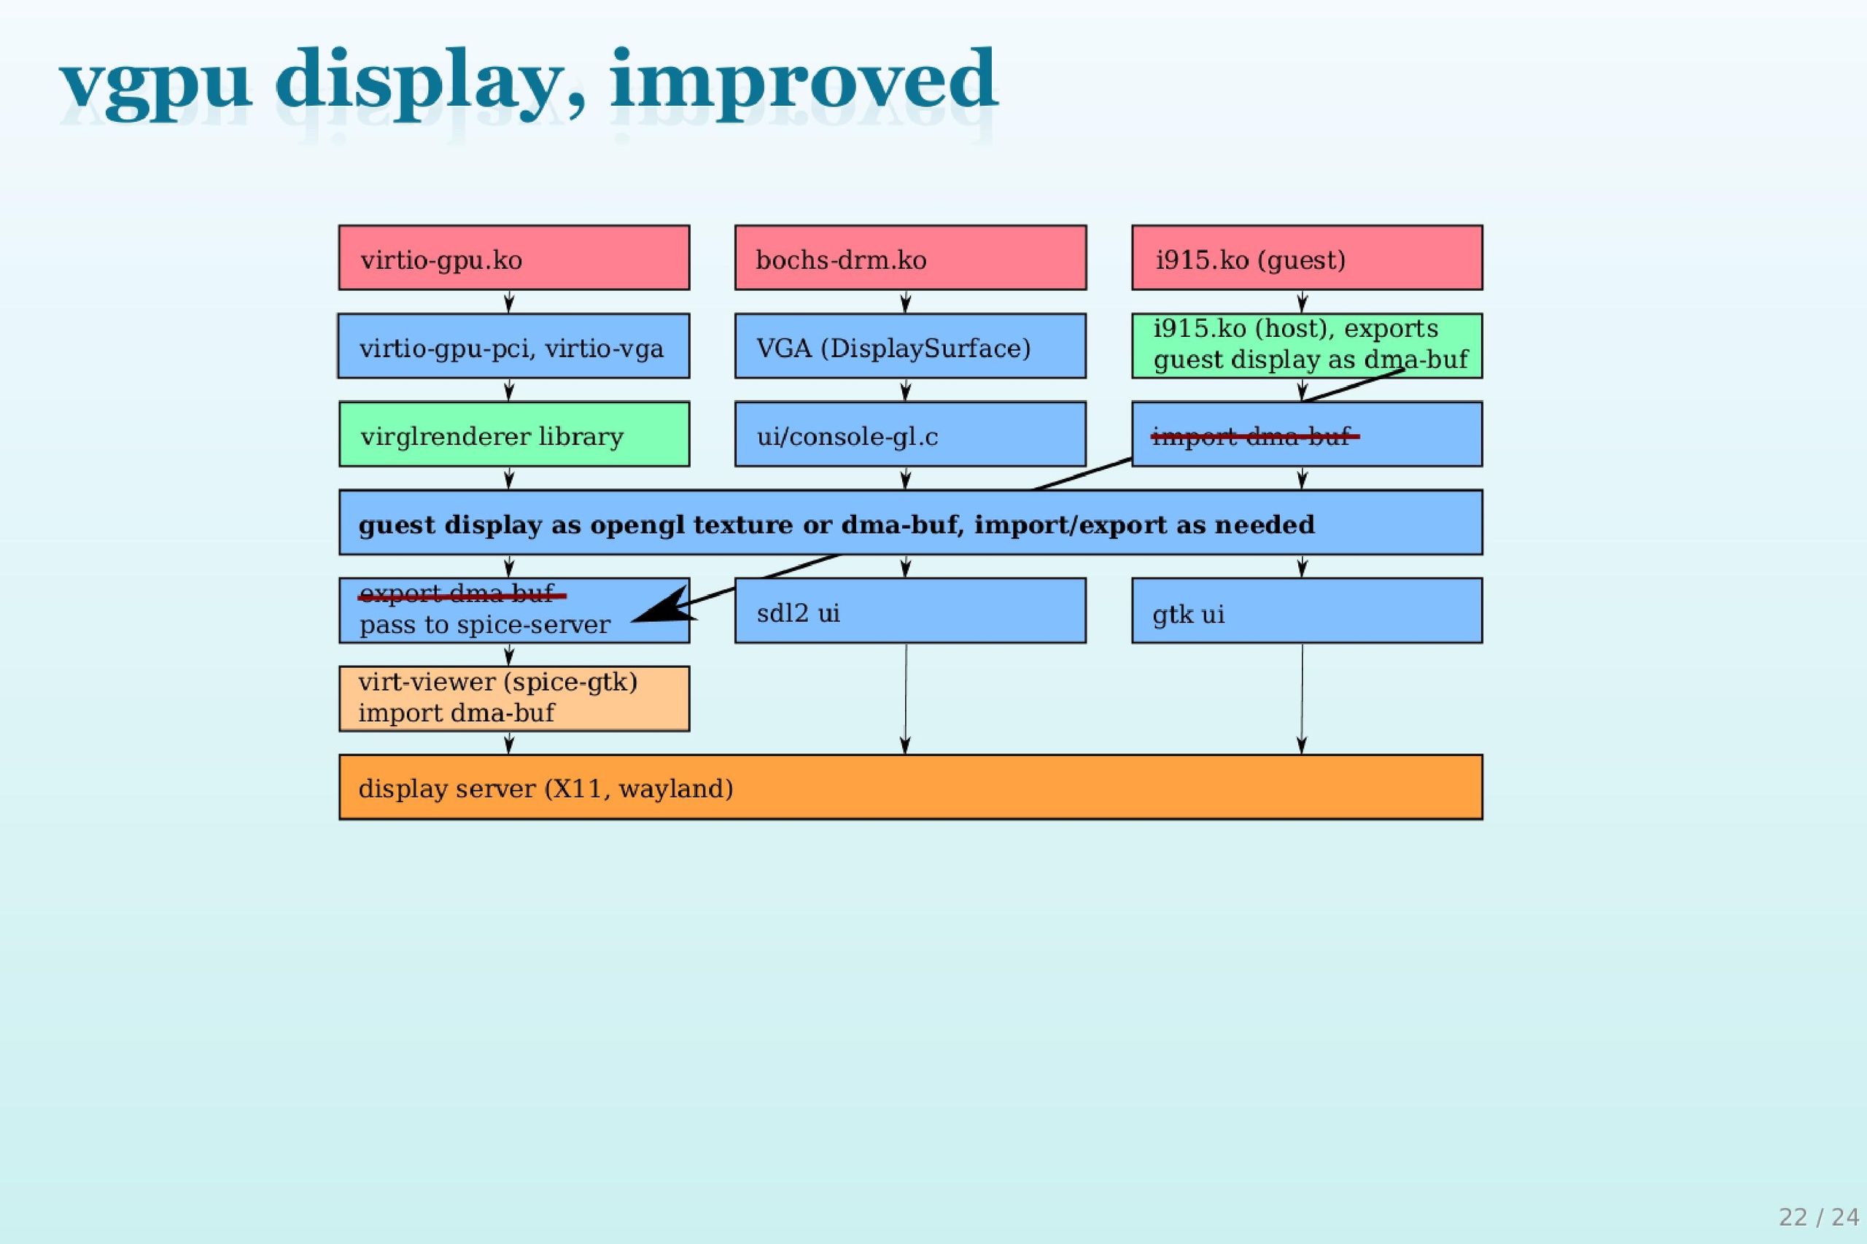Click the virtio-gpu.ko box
[513, 258]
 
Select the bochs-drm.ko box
[910, 258]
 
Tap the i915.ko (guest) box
[1306, 258]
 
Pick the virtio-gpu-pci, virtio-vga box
[513, 346]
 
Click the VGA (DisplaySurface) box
[910, 346]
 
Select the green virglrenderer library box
[513, 435]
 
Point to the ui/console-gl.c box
[910, 435]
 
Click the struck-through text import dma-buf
[1252, 436]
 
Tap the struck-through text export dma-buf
[458, 594]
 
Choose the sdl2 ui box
[910, 611]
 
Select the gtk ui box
[1306, 611]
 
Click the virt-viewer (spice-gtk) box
[513, 698]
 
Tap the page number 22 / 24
[1818, 1217]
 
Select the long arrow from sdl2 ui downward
[905, 698]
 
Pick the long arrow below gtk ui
[1301, 698]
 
